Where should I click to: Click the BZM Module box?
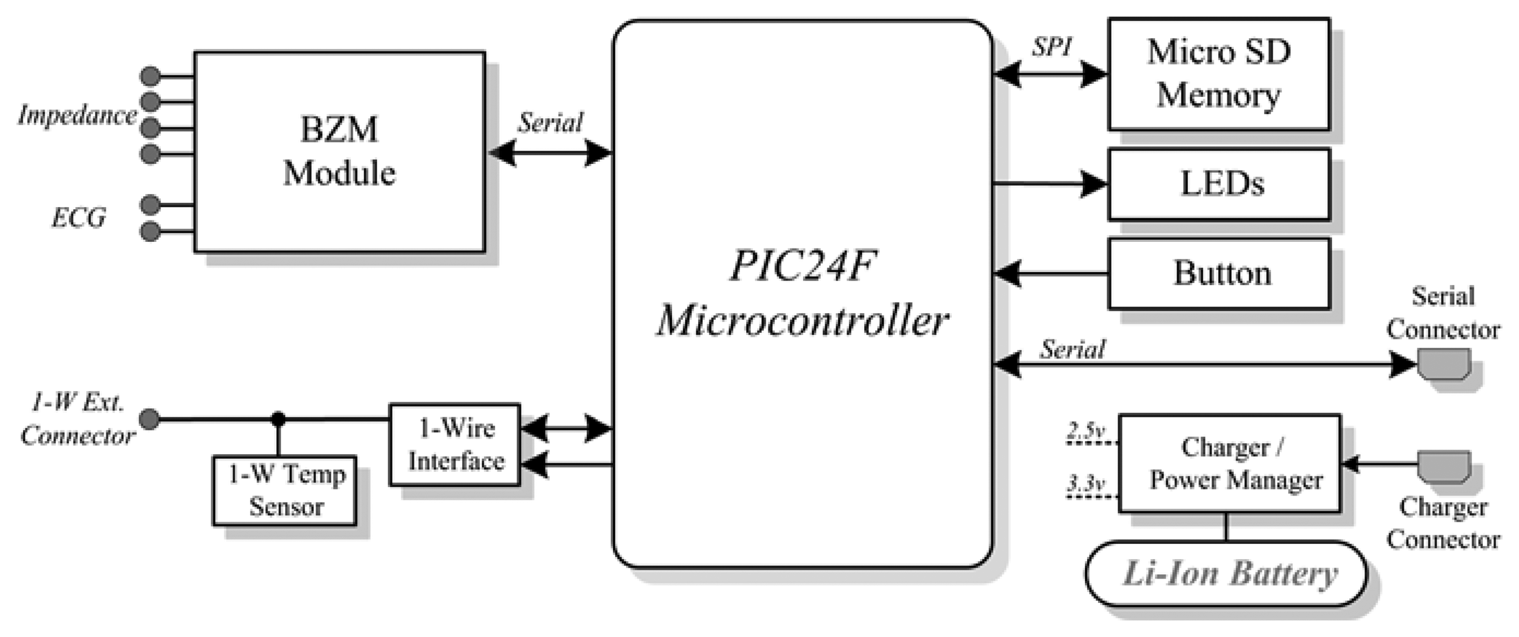click(339, 152)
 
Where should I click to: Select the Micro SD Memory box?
click(1218, 74)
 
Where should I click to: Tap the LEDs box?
click(1218, 184)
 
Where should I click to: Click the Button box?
click(1218, 273)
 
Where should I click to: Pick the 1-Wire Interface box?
click(455, 444)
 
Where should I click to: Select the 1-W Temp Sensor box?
click(285, 490)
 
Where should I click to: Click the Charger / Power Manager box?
click(1229, 463)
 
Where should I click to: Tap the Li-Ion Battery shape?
click(1226, 574)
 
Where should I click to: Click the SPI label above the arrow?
click(1052, 47)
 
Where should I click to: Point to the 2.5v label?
click(1086, 431)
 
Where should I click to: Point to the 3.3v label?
click(1086, 484)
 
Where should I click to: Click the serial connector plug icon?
click(1444, 364)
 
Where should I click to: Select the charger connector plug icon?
click(1444, 466)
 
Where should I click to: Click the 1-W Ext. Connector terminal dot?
click(149, 419)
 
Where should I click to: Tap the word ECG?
click(79, 218)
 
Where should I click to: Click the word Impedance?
click(77, 115)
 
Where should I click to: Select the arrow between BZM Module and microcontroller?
click(550, 153)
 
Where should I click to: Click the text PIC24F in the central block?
click(802, 266)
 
